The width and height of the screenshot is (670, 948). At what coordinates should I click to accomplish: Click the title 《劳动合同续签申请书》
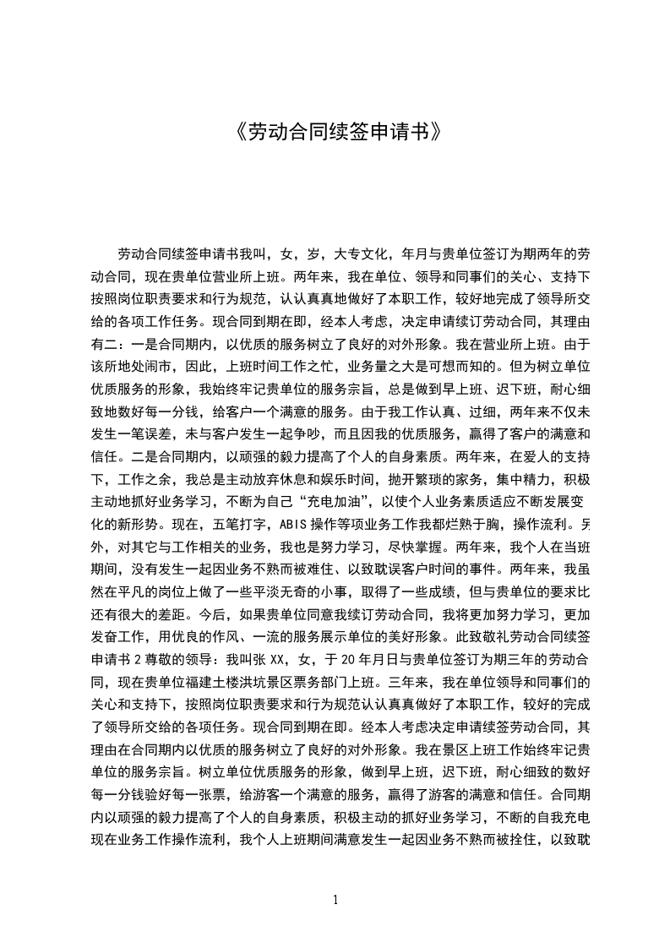click(335, 133)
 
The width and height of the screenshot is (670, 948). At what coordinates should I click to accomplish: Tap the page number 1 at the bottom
click(335, 900)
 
